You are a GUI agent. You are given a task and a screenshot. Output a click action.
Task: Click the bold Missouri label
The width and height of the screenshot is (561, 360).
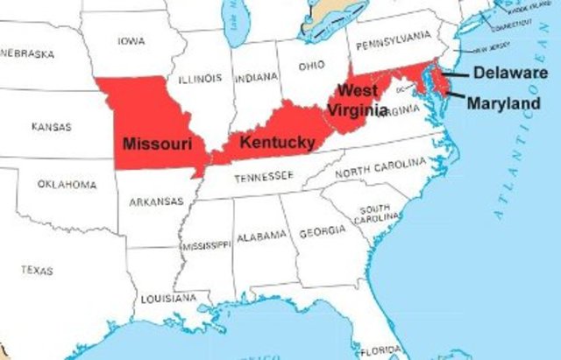click(158, 143)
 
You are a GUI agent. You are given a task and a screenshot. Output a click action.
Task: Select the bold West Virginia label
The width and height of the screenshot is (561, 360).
click(358, 101)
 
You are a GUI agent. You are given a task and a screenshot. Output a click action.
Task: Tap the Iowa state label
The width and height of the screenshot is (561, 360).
click(131, 40)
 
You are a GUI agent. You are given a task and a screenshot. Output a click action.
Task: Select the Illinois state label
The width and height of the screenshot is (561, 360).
click(199, 78)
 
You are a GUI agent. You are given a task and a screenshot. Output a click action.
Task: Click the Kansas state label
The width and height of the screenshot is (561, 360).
click(51, 127)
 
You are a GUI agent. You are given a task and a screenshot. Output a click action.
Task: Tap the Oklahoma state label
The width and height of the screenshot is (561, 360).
click(67, 184)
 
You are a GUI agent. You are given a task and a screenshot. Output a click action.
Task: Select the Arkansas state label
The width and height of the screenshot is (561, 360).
click(156, 201)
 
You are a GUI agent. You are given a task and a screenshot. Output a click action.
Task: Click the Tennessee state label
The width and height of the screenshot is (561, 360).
click(263, 177)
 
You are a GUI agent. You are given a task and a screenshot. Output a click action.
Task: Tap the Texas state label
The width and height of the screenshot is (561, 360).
click(37, 269)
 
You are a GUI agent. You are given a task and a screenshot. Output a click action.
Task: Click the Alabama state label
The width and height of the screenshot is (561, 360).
click(260, 235)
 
